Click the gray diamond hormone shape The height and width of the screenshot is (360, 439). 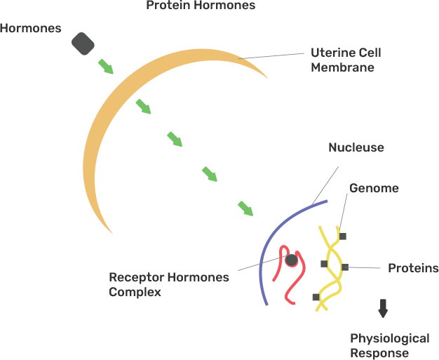83,44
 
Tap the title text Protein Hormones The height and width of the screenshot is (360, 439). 200,6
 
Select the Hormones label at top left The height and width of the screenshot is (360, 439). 29,29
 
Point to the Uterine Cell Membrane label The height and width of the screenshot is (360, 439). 342,60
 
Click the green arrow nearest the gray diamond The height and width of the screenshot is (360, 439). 106,67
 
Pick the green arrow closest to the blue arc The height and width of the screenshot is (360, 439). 245,208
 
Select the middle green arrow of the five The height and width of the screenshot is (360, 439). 175,139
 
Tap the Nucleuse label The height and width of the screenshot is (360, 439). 356,147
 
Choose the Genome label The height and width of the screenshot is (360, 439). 374,188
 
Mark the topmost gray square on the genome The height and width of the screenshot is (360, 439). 342,236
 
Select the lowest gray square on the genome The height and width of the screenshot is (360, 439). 316,298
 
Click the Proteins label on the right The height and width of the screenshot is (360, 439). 413,268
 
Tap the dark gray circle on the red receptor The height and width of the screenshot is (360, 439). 292,260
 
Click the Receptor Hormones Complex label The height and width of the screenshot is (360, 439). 168,284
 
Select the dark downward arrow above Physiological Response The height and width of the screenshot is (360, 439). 383,308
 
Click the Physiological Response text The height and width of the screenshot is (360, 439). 389,346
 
